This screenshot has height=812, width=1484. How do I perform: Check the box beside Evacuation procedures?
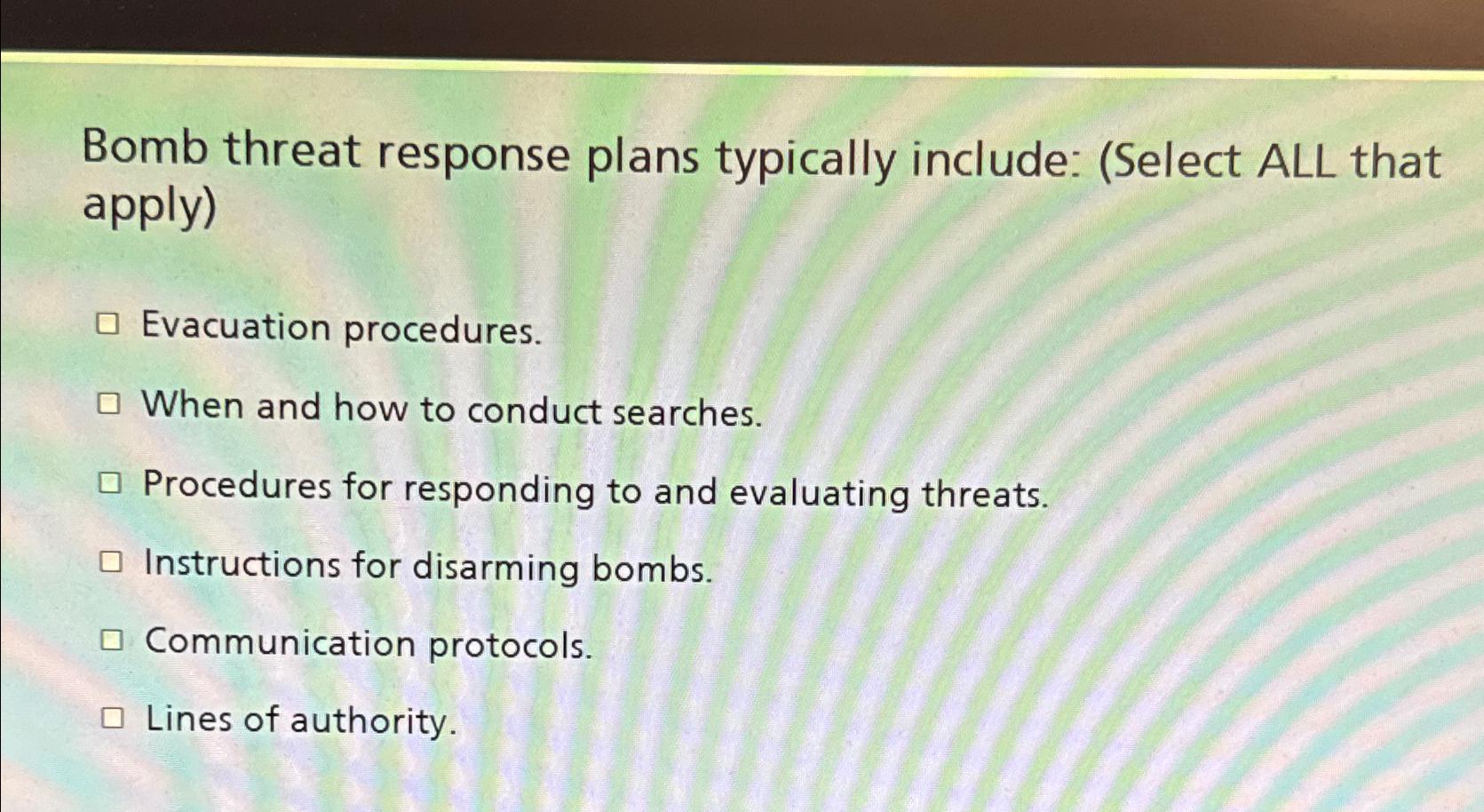[107, 324]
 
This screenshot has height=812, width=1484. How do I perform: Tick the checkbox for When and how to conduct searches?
[108, 404]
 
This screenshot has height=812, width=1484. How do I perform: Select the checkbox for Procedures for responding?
[109, 483]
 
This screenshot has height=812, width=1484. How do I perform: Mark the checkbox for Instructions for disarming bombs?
[110, 561]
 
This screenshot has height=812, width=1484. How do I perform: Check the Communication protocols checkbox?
[111, 640]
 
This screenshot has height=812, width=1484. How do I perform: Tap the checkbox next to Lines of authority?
[112, 718]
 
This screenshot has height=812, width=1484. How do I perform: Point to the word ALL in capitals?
[1296, 162]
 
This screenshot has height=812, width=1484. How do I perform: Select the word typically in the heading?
[805, 160]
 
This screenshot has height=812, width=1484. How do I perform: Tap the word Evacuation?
[236, 326]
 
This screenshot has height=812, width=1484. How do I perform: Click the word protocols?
[510, 646]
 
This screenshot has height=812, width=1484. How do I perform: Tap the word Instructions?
[242, 564]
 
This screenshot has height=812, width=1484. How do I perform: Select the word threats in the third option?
[984, 495]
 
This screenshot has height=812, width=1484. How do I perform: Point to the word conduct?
[534, 410]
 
